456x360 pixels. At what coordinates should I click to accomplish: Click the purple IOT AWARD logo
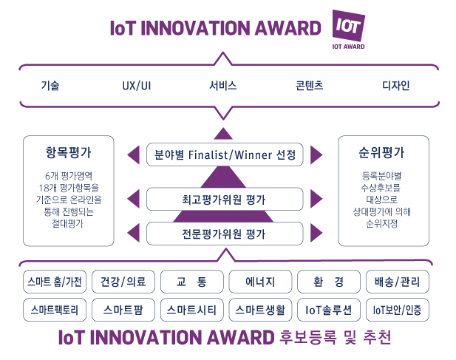tap(348, 30)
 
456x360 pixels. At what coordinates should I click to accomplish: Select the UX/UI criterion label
tap(137, 86)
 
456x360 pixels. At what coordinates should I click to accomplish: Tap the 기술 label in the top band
tap(50, 86)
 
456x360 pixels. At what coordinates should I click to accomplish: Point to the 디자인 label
tap(396, 86)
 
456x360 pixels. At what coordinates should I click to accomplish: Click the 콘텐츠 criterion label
tap(309, 86)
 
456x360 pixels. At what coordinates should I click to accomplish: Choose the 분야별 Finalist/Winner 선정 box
tap(225, 154)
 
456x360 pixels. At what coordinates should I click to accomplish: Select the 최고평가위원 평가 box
tap(225, 199)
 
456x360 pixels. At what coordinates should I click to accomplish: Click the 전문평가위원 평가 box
tap(225, 234)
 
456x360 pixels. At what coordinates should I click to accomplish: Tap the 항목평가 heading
tap(68, 152)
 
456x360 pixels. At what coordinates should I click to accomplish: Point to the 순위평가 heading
tap(381, 152)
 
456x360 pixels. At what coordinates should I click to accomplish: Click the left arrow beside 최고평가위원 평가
tap(134, 199)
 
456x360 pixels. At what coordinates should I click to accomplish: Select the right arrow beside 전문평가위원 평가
tap(316, 233)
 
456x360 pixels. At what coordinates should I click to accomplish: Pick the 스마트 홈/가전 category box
tap(55, 282)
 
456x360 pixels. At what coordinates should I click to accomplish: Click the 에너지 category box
tap(260, 282)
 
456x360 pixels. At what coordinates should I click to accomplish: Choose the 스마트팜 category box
tap(123, 310)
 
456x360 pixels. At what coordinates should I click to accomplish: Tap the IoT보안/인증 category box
tap(398, 310)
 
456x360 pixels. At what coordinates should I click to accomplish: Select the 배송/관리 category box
tap(398, 282)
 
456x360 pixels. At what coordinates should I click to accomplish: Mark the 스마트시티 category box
tap(192, 310)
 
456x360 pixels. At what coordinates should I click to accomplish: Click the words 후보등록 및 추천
tap(335, 337)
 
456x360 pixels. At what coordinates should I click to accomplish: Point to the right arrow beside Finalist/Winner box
tap(316, 154)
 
